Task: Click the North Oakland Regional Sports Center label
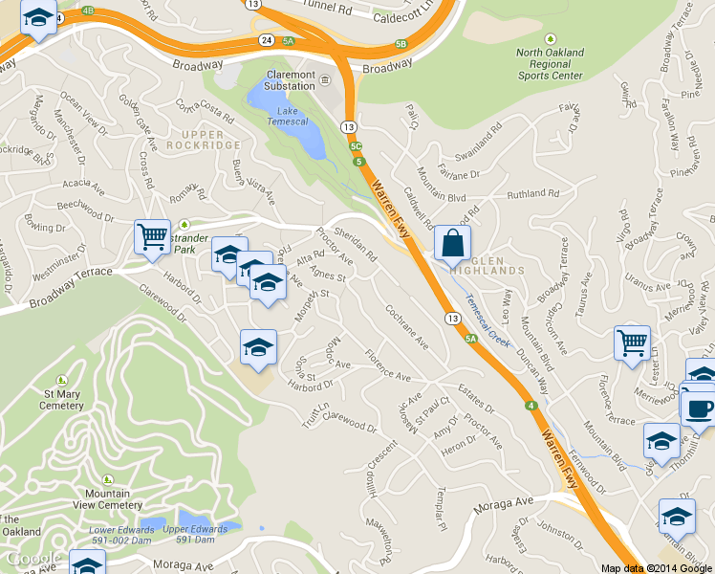551,63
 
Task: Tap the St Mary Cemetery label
61,398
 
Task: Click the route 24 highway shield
264,40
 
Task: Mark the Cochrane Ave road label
407,325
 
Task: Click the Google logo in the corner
32,559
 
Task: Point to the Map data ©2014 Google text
656,568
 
